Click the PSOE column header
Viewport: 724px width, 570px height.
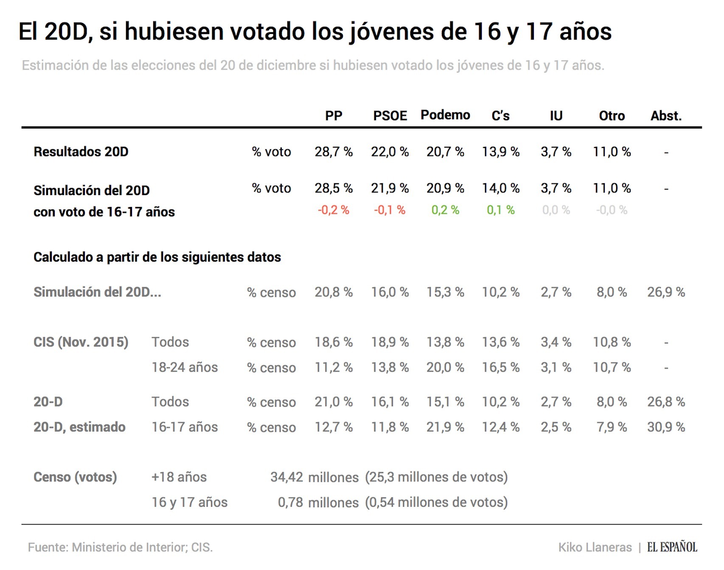390,115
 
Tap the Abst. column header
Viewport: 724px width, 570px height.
665,115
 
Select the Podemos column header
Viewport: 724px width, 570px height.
445,115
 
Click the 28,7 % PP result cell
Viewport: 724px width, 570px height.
333,152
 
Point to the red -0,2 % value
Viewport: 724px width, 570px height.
333,210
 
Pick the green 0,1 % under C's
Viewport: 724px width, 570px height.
500,210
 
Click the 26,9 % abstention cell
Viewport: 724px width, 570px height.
665,292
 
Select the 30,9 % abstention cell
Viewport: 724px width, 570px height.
665,427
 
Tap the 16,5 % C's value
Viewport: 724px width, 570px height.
500,367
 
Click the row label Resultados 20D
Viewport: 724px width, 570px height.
81,152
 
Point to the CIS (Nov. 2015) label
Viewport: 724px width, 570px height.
81,342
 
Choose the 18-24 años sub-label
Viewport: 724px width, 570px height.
185,367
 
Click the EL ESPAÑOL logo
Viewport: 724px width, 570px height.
672,547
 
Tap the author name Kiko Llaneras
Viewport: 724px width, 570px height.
595,548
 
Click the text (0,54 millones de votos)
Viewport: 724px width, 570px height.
436,502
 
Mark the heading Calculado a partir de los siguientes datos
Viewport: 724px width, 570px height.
157,257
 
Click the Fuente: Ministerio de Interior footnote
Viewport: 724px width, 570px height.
120,548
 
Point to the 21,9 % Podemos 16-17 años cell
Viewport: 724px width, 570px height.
445,427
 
